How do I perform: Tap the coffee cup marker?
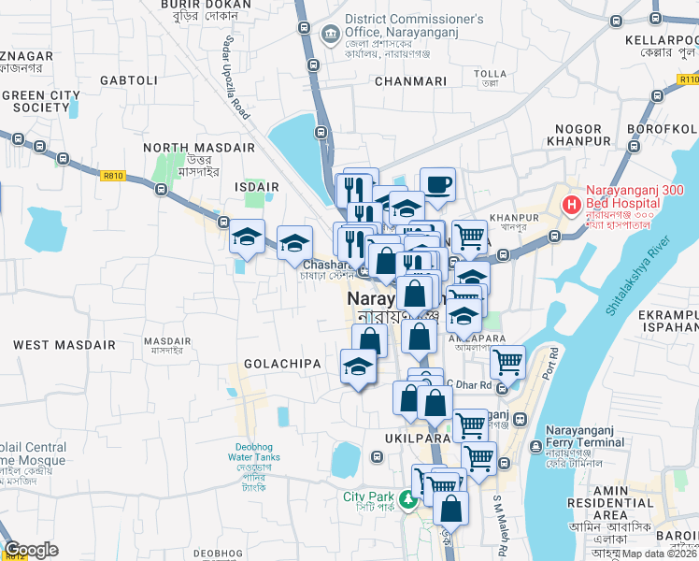click(437, 184)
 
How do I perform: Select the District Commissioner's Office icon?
click(329, 35)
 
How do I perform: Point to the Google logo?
click(31, 550)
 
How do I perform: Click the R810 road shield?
click(114, 175)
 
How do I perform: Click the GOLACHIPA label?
click(282, 363)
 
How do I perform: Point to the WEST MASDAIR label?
click(64, 345)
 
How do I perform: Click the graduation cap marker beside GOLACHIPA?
click(358, 367)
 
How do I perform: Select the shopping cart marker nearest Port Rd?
click(507, 361)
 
